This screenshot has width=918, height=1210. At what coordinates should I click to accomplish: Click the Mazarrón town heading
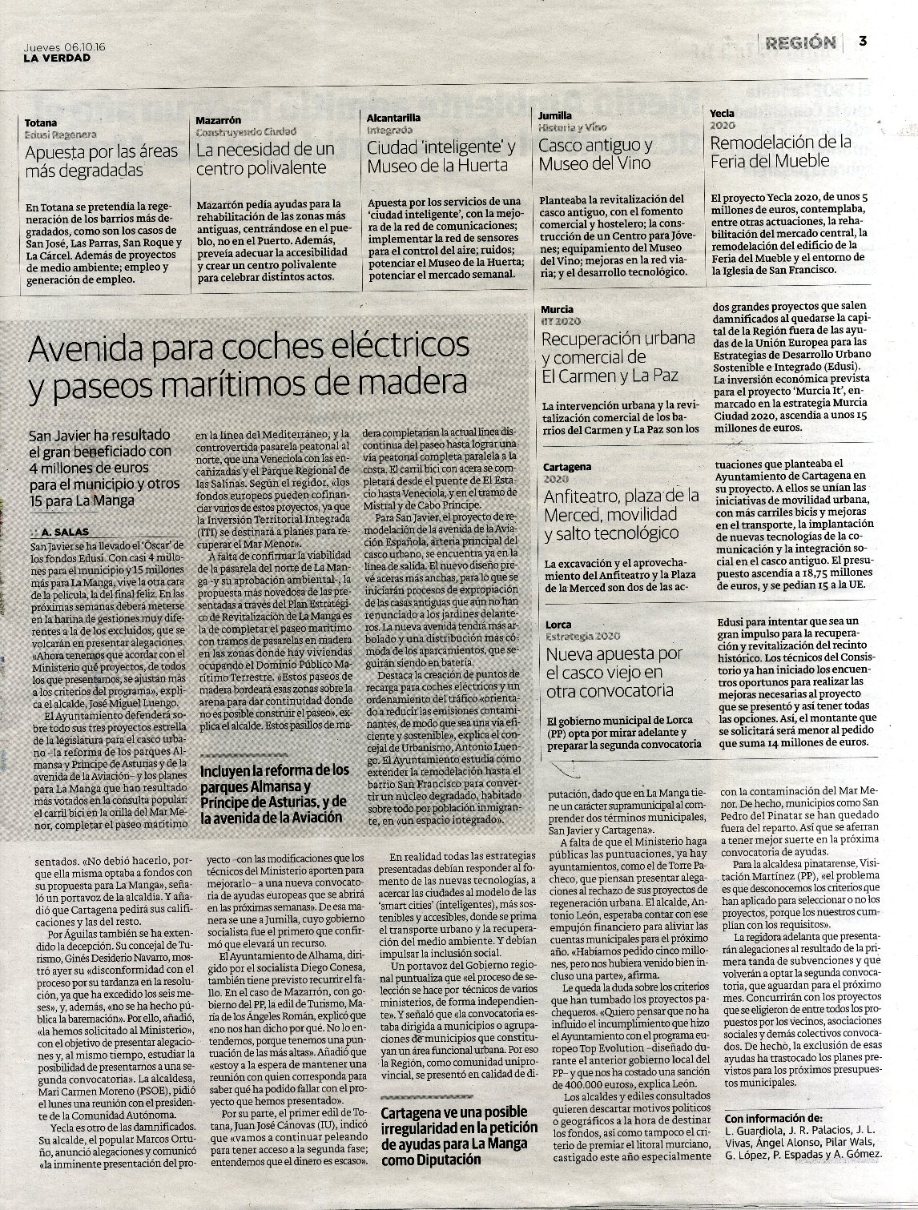point(218,119)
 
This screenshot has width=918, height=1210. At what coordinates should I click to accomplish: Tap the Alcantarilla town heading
point(393,118)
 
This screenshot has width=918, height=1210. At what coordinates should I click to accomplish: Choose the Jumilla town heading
point(554,116)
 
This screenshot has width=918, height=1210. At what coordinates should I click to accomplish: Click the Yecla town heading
point(722,114)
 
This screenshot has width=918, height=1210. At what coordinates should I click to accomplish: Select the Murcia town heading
point(557,309)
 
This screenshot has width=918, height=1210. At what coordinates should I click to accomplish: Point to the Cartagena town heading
point(566,466)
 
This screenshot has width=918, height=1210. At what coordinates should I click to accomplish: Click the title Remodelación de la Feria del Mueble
point(781,151)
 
